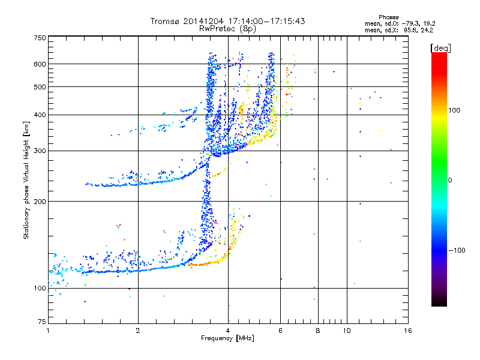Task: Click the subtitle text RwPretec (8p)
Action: (x=228, y=28)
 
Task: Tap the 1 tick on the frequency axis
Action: (x=48, y=331)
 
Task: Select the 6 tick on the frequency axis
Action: (x=280, y=331)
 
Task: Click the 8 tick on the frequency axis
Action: (x=318, y=331)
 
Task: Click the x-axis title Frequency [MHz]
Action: (x=227, y=338)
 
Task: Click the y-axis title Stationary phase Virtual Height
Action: (x=26, y=180)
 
